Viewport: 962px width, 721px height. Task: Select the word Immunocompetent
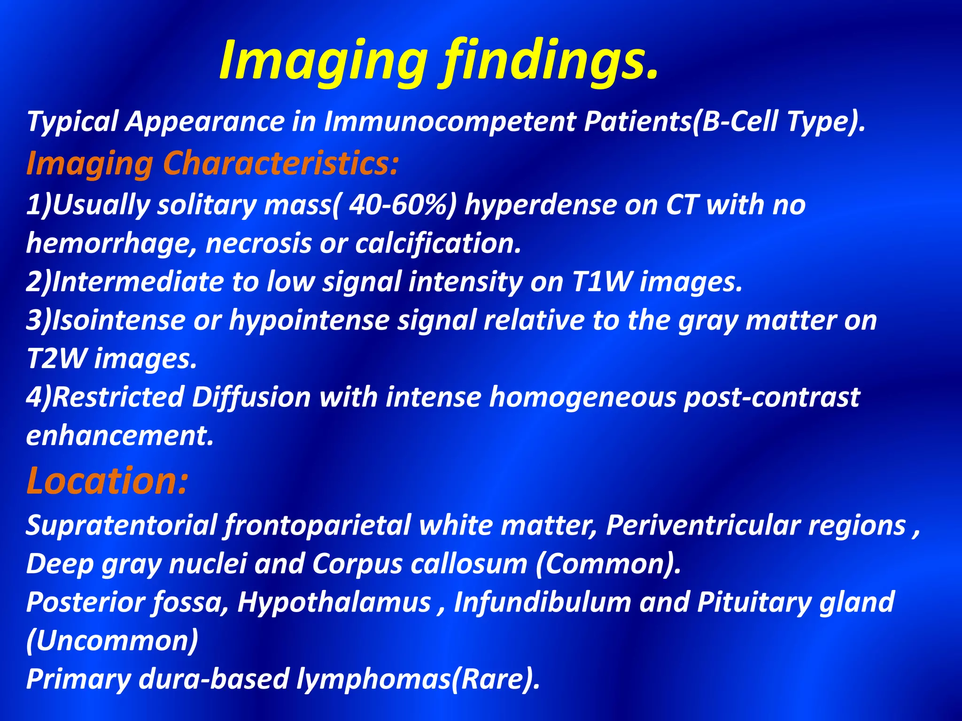pos(450,121)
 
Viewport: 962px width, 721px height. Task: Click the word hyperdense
pos(540,205)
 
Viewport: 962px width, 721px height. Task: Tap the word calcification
pos(438,244)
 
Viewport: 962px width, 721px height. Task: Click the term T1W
pos(602,282)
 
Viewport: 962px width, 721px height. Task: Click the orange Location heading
pos(107,481)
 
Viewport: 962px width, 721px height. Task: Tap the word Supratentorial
pos(121,525)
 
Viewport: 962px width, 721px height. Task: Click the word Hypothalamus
pos(334,602)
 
